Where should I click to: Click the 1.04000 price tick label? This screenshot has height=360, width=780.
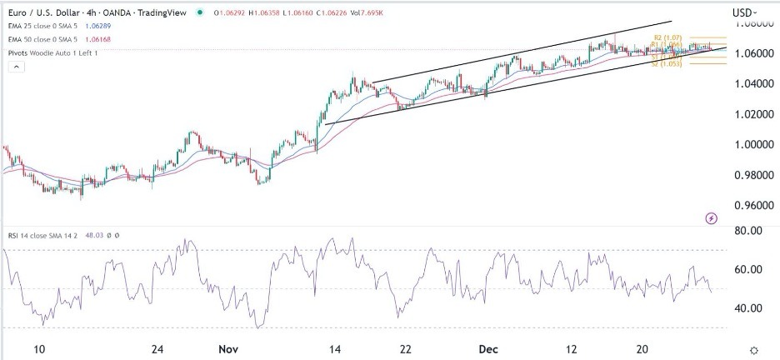pyautogui.click(x=748, y=84)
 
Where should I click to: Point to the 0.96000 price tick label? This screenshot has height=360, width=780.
pyautogui.click(x=748, y=206)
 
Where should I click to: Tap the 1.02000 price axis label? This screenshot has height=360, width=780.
pyautogui.click(x=748, y=114)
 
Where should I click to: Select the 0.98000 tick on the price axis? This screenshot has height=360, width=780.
pyautogui.click(x=748, y=175)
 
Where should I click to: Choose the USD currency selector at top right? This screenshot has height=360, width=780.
pyautogui.click(x=743, y=12)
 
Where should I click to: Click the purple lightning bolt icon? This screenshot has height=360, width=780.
pyautogui.click(x=711, y=218)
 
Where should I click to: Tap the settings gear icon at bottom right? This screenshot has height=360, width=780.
pyautogui.click(x=753, y=351)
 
